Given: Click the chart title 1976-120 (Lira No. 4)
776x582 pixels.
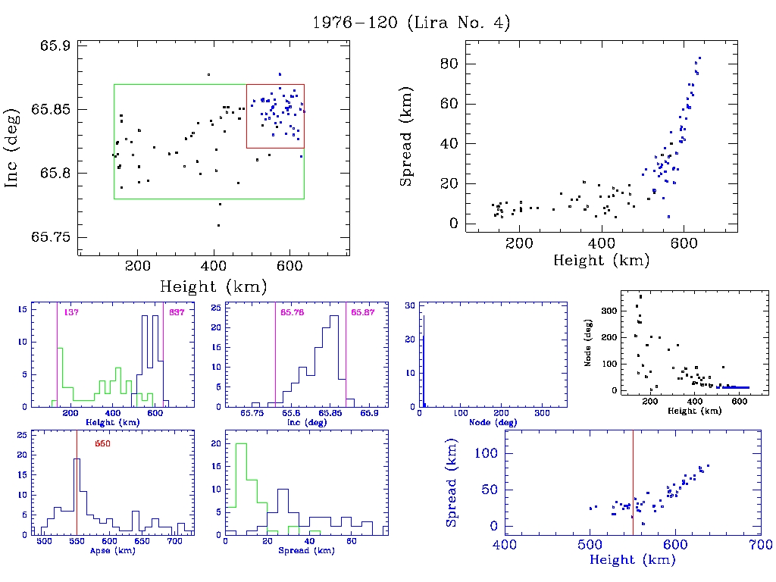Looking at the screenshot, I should [x=411, y=23].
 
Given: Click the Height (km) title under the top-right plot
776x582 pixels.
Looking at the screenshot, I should [x=601, y=261].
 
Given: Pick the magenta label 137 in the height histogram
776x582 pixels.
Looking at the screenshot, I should [x=71, y=312].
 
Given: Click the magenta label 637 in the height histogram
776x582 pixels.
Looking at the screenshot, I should [x=177, y=312].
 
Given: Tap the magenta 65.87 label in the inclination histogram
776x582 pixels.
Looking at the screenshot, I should [x=363, y=312].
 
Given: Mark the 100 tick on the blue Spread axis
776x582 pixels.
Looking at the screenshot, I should [x=483, y=453].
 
